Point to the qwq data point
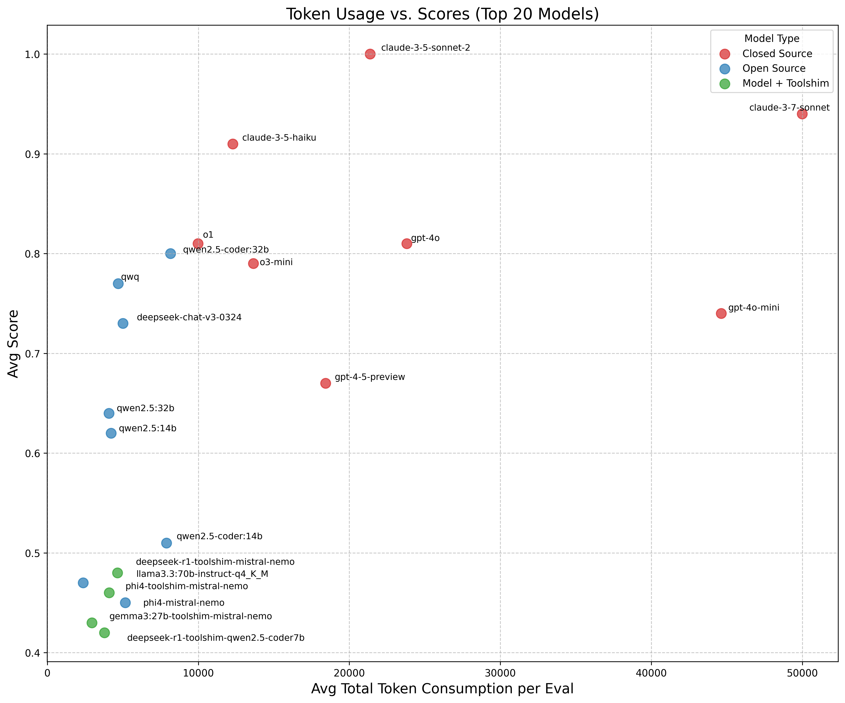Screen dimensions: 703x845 (x=118, y=284)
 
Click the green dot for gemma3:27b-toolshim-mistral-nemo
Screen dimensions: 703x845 (x=92, y=623)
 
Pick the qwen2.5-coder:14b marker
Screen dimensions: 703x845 (x=166, y=543)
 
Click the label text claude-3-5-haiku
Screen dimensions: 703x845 (x=279, y=138)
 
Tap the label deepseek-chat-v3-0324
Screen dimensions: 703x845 (x=189, y=317)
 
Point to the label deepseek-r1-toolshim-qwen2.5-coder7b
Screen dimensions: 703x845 (x=216, y=638)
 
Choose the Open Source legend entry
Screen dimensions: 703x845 (x=773, y=68)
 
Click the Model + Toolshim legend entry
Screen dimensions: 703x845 (x=785, y=83)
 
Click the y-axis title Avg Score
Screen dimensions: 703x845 (x=13, y=344)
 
